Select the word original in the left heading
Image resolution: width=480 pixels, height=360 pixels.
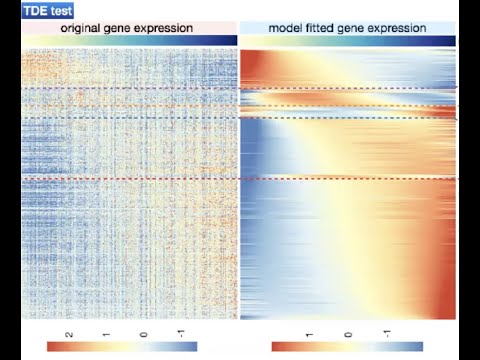tap(85, 28)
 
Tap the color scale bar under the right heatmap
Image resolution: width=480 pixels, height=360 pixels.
tap(346, 346)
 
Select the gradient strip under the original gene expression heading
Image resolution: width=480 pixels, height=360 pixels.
tap(128, 41)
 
